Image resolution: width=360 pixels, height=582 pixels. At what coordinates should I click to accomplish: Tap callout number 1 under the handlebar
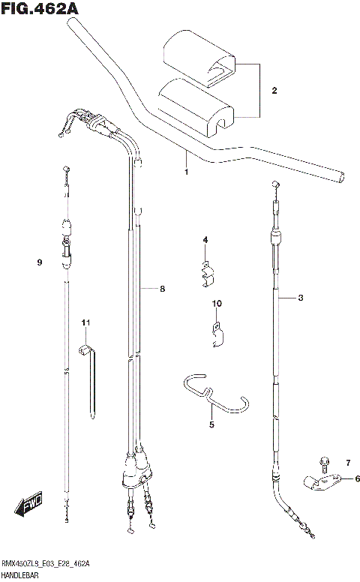[186, 172]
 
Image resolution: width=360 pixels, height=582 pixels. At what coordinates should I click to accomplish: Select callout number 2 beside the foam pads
[274, 91]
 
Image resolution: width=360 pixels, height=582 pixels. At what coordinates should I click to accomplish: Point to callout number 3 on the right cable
[301, 298]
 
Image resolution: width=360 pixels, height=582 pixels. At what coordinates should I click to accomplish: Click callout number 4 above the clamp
[203, 240]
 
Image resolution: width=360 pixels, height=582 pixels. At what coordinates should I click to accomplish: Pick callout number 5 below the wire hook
[211, 424]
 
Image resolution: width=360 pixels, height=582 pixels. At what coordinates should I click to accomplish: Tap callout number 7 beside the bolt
[347, 462]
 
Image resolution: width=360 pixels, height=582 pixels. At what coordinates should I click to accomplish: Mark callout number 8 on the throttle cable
[162, 288]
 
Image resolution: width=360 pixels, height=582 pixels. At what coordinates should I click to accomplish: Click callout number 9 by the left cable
[38, 262]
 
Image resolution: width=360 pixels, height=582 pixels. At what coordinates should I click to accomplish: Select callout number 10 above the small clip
[217, 304]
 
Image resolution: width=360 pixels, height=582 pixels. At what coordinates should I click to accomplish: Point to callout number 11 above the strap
[85, 322]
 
